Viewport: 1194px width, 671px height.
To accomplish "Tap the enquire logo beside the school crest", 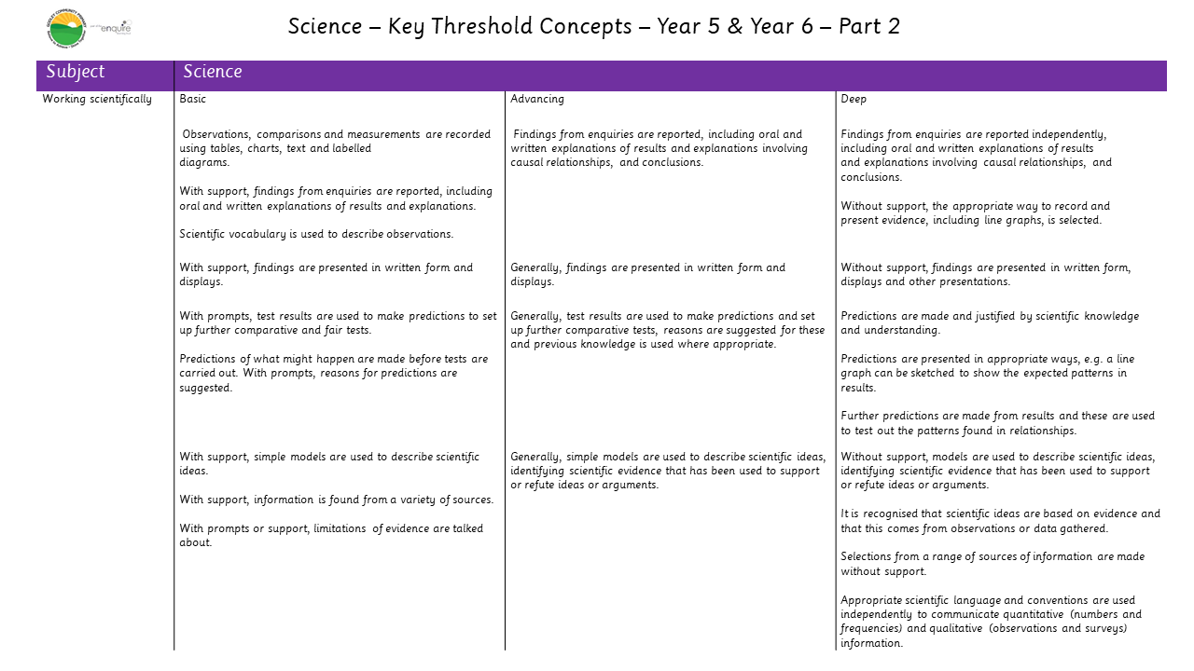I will click(116, 28).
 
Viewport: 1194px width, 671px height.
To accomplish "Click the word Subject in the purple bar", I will click(76, 73).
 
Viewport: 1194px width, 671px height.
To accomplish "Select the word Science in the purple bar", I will click(213, 73).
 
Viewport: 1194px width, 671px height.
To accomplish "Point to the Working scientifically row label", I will click(97, 100).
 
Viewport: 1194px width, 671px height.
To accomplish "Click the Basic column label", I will click(193, 100).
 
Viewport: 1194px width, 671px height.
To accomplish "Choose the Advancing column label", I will click(537, 100).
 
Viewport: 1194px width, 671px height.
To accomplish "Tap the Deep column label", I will click(854, 100).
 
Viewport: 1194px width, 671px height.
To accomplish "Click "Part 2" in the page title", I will click(868, 26).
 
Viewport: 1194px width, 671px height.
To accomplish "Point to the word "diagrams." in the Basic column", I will click(204, 162).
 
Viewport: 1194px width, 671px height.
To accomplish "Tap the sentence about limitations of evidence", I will click(331, 535).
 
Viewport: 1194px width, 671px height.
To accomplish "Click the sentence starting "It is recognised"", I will click(1000, 521).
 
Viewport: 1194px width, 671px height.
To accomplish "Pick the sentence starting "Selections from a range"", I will click(992, 564).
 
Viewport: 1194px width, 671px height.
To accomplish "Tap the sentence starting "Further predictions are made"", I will click(997, 423).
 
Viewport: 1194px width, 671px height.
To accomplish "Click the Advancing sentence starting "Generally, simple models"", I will click(668, 471).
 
